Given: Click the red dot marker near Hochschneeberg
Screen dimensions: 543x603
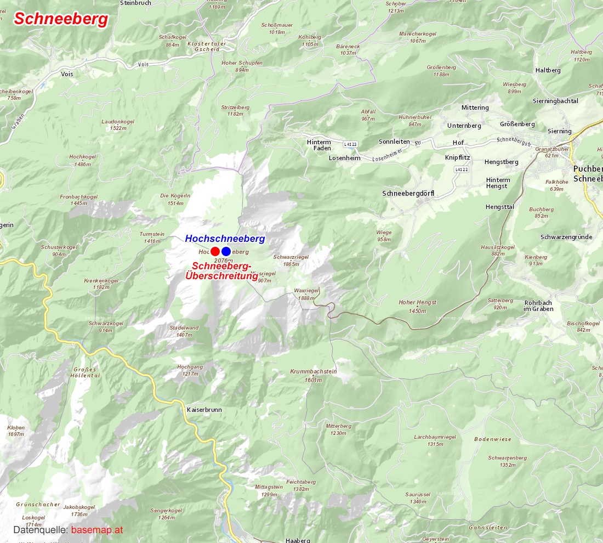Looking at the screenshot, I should click(215, 252).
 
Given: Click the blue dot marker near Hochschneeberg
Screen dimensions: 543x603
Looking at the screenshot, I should click(226, 252).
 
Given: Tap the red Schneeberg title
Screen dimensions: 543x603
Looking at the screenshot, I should click(61, 19).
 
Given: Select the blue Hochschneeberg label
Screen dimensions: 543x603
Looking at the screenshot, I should click(225, 239).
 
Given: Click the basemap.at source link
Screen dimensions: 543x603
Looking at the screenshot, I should click(97, 530).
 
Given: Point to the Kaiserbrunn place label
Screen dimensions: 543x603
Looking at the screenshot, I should click(204, 410).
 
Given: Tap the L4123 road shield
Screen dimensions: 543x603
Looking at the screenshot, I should click(351, 144).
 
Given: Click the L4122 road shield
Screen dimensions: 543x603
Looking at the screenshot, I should click(460, 170).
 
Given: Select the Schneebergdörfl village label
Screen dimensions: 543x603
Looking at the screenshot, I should click(408, 194).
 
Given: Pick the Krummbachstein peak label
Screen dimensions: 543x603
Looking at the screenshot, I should click(314, 372).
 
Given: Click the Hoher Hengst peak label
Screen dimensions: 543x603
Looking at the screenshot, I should click(418, 303).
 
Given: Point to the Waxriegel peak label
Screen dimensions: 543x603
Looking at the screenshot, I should click(306, 291).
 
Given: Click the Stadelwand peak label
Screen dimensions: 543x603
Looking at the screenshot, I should click(184, 328).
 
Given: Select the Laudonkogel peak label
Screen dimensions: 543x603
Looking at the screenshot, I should click(118, 122).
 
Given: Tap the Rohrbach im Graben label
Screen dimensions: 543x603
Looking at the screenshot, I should click(538, 306).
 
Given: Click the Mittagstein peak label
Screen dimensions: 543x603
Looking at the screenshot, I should click(269, 487).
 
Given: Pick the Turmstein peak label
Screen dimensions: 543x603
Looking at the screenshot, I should click(152, 234).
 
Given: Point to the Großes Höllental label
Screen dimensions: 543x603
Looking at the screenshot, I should click(86, 372).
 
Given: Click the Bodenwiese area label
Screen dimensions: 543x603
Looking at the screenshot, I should click(493, 439).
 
